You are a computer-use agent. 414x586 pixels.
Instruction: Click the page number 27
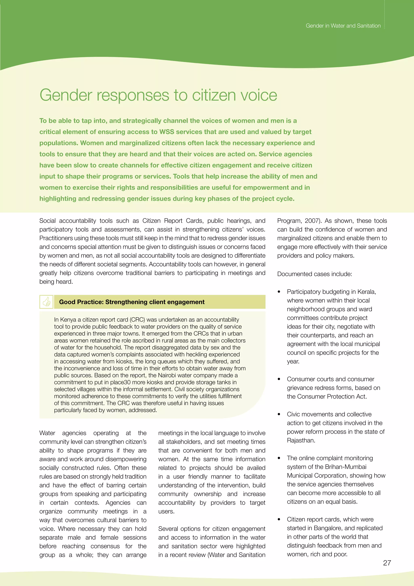click(387, 563)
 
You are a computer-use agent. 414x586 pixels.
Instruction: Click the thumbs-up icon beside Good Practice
click(46, 302)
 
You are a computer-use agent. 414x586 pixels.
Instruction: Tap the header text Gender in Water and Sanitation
click(343, 26)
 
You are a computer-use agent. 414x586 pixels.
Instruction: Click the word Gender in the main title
click(66, 95)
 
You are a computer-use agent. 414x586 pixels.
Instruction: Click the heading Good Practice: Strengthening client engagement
click(132, 302)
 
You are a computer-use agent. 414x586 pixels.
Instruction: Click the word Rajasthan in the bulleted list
click(301, 440)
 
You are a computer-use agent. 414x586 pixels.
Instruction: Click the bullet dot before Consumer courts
click(279, 379)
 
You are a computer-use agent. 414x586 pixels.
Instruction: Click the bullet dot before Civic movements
click(279, 414)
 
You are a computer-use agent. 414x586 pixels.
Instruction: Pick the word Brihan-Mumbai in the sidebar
click(346, 467)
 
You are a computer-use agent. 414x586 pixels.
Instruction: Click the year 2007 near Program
click(313, 221)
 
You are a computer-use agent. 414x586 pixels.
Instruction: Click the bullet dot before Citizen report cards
click(279, 520)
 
